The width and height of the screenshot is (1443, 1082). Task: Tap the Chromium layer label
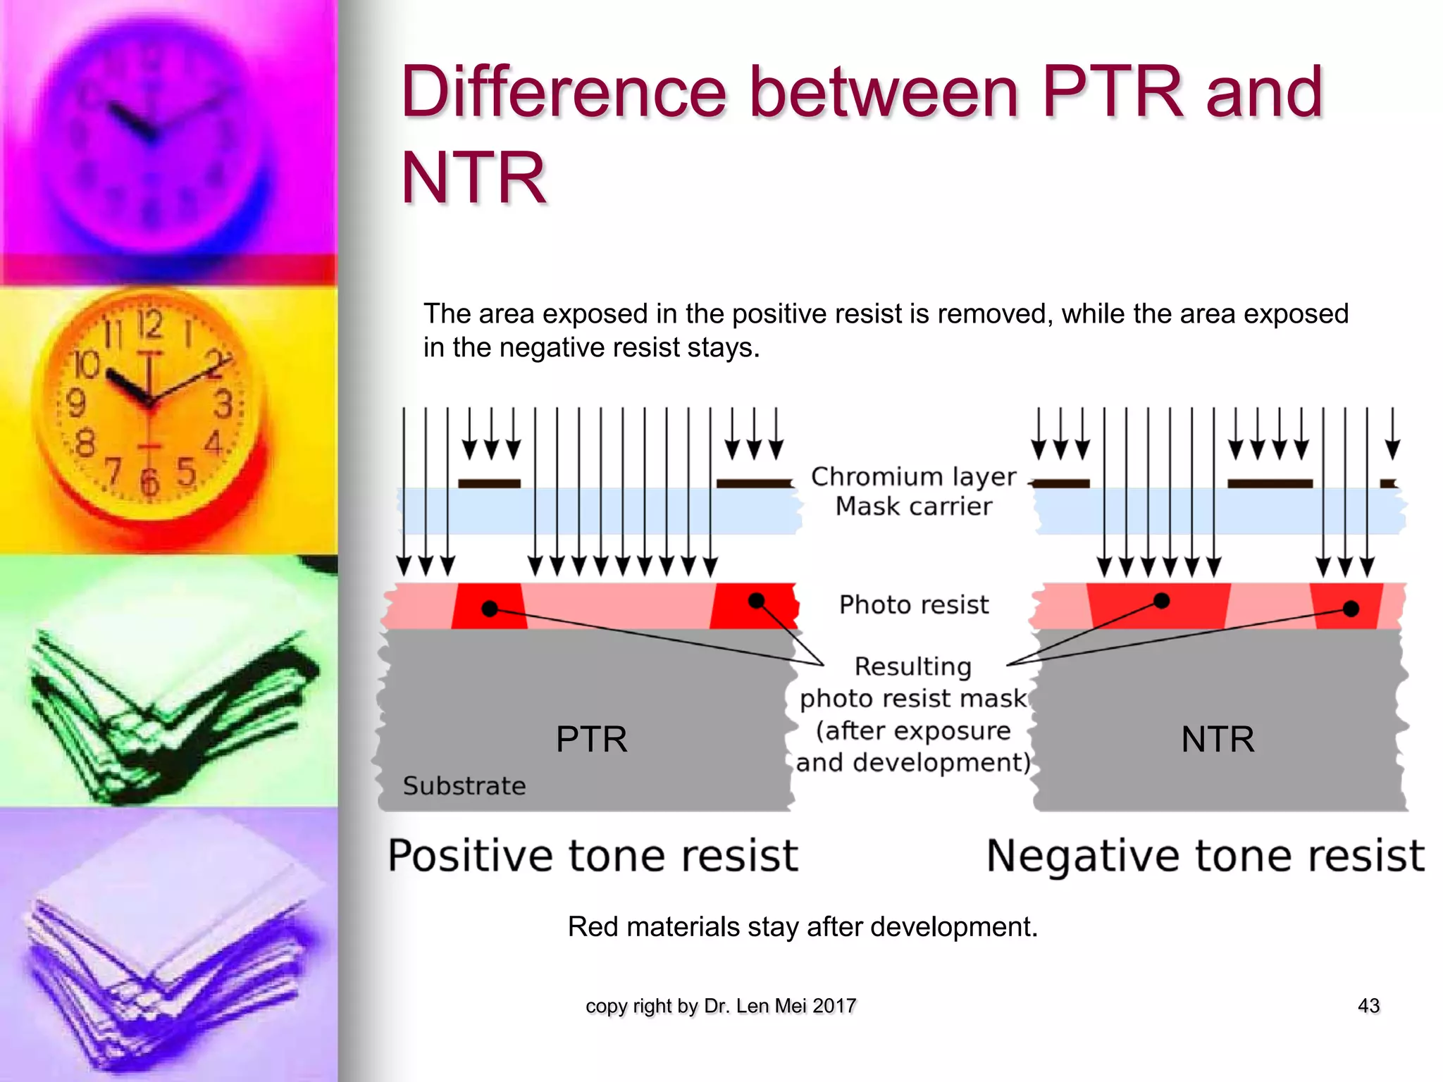[913, 477]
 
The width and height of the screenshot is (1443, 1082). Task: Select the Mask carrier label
[913, 506]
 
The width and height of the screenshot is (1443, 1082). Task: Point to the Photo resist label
[913, 604]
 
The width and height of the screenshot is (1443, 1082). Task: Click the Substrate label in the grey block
[464, 785]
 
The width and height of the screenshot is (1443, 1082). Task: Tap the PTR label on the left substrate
[591, 740]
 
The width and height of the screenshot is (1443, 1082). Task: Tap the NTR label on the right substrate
[1218, 740]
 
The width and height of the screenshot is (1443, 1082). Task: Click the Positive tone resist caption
[593, 855]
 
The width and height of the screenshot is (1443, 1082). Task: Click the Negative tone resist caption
[1205, 855]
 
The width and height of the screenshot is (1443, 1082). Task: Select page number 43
[1368, 1005]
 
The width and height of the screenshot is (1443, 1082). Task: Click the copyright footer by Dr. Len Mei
[720, 1006]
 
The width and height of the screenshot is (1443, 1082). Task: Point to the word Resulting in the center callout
[912, 666]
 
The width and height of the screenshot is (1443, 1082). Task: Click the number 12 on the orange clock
[149, 325]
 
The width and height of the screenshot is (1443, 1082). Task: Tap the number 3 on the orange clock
[223, 404]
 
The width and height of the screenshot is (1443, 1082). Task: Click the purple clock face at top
[151, 134]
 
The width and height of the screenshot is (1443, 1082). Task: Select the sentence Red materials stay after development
[802, 926]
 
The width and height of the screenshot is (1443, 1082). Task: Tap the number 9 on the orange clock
[75, 404]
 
